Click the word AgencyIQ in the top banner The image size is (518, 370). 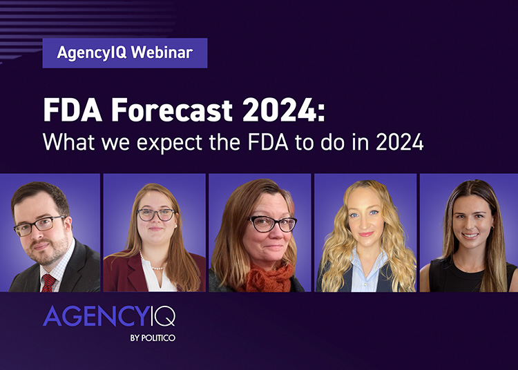pyautogui.click(x=92, y=53)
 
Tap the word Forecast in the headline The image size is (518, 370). pyautogui.click(x=172, y=110)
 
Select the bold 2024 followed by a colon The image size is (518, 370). pyautogui.click(x=284, y=110)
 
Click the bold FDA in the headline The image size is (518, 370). pyautogui.click(x=73, y=110)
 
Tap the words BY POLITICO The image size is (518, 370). pyautogui.click(x=153, y=338)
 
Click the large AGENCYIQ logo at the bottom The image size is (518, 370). pyautogui.click(x=109, y=316)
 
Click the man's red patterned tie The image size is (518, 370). pyautogui.click(x=48, y=283)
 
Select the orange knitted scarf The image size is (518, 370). pyautogui.click(x=269, y=278)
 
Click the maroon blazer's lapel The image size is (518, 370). pyautogui.click(x=132, y=270)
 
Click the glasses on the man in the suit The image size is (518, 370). pyautogui.click(x=39, y=226)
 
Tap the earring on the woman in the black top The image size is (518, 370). pyautogui.click(x=492, y=227)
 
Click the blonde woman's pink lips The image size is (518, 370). pyautogui.click(x=366, y=234)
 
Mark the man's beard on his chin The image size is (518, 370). pyautogui.click(x=46, y=254)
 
